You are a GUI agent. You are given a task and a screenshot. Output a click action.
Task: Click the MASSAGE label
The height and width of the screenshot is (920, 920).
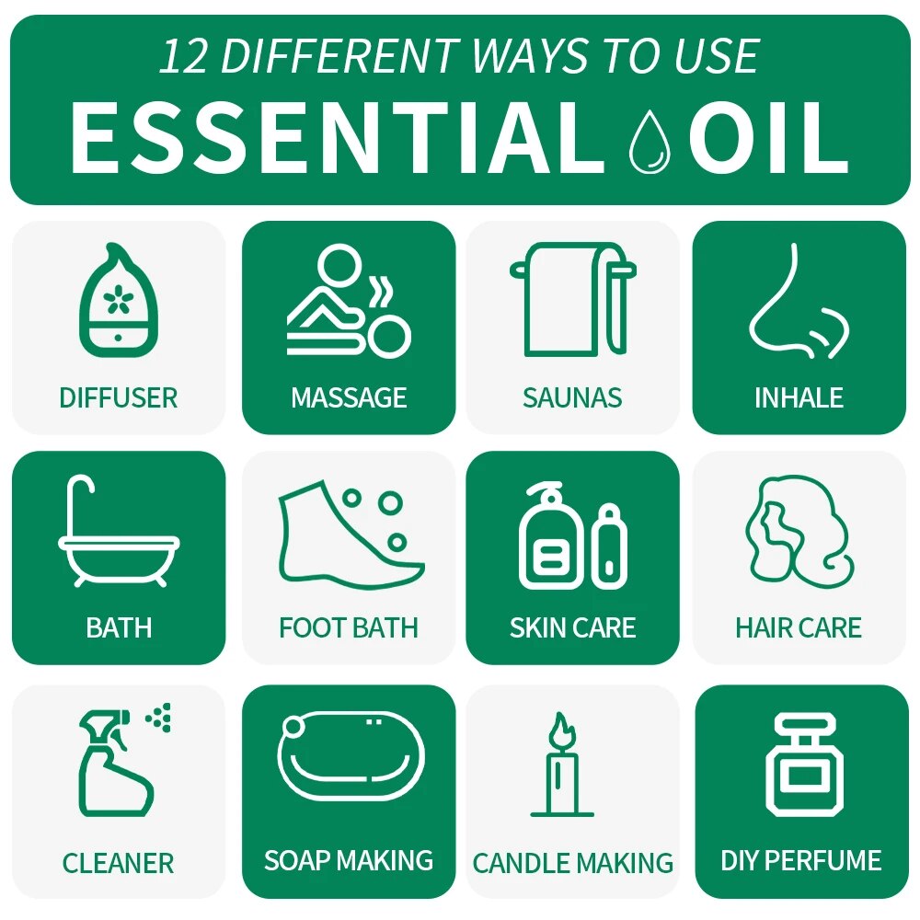click(x=349, y=397)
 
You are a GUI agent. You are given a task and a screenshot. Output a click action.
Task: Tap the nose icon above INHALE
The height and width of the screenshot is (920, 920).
click(x=796, y=302)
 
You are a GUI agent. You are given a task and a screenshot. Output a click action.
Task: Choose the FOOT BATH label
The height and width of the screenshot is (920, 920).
click(x=349, y=628)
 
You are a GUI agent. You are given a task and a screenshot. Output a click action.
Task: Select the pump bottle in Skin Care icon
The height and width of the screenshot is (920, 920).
click(x=551, y=537)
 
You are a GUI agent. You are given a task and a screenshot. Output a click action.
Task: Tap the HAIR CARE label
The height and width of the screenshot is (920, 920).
click(x=798, y=628)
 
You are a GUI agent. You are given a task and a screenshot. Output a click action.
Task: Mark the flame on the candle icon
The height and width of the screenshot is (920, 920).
click(x=560, y=730)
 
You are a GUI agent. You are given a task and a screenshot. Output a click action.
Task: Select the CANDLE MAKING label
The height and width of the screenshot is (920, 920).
click(x=572, y=863)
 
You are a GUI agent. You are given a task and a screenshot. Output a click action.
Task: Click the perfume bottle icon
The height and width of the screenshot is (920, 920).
click(x=798, y=764)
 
